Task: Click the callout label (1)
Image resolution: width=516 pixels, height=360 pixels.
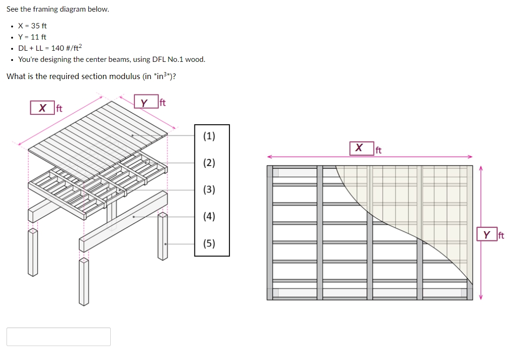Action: tap(209, 136)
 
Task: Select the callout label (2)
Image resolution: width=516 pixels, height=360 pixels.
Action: tap(209, 163)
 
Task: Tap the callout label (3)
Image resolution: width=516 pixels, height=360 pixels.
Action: tap(209, 190)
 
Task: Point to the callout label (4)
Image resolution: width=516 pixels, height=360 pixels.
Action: tap(209, 216)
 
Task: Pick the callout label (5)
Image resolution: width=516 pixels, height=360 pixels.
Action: tap(209, 243)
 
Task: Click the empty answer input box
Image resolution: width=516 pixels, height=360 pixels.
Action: tap(59, 337)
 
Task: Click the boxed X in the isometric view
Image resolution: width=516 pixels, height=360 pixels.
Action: tap(42, 108)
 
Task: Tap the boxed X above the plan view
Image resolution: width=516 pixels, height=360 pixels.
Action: tap(359, 148)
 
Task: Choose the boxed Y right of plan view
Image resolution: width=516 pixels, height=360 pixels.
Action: tap(486, 235)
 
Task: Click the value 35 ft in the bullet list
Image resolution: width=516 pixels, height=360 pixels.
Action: tap(39, 26)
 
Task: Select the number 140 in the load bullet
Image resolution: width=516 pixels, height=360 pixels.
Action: tap(58, 48)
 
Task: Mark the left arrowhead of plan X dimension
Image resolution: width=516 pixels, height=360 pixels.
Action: tap(269, 157)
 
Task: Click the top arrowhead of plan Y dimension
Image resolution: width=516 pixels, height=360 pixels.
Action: tap(481, 168)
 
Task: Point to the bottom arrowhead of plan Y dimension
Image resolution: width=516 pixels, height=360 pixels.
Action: tap(481, 297)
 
